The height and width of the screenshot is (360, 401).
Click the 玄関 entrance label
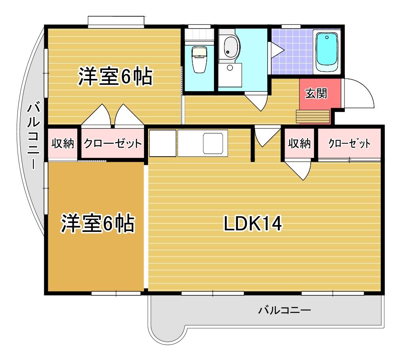pos(316,94)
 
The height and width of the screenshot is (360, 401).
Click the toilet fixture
pos(199,60)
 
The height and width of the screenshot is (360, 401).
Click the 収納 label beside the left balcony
pos(63,144)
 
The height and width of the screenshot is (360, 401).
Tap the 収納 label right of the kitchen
pos(299,144)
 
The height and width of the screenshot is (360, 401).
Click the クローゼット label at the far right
pos(349,144)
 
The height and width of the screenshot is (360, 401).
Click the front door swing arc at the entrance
pos(360,94)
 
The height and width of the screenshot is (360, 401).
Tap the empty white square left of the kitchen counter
pos(163,143)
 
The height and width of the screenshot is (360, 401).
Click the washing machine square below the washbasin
pos(230,75)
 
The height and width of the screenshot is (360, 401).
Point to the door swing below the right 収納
pos(299,169)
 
